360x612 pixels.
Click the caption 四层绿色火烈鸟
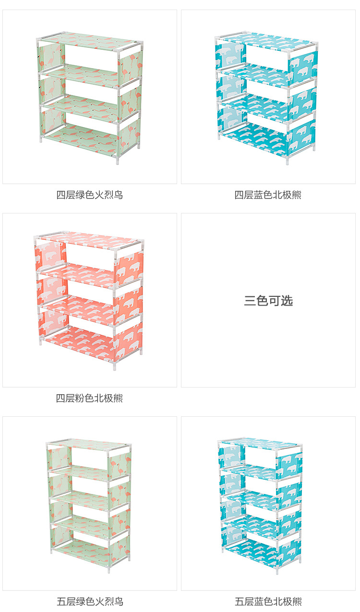coord(90,195)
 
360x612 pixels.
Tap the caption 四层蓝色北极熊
coord(268,195)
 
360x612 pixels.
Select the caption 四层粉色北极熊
coord(90,399)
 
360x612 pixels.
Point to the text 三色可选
coord(268,301)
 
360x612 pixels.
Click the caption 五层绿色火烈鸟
coord(90,601)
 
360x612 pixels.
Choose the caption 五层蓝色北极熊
coord(268,601)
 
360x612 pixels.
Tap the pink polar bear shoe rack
coord(89,300)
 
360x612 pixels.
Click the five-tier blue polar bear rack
coord(261,501)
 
